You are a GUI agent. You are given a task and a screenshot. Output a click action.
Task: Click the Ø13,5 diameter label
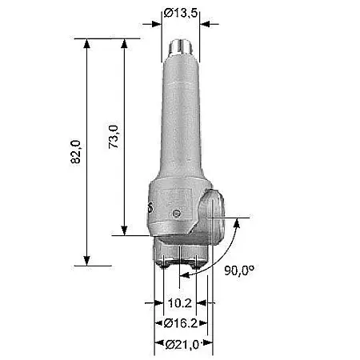(x=181, y=13)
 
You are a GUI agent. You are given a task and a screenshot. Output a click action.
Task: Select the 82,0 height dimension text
(x=75, y=152)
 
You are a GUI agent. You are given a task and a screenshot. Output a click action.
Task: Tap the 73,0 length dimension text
(x=114, y=137)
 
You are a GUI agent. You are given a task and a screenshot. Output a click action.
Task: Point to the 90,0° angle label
(x=239, y=270)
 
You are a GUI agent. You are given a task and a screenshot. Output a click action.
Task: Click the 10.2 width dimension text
(x=180, y=303)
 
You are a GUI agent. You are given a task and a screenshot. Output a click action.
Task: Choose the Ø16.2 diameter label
(x=181, y=323)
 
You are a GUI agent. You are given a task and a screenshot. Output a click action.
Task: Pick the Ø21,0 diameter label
(x=182, y=344)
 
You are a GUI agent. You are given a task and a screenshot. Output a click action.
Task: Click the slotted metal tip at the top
(x=181, y=47)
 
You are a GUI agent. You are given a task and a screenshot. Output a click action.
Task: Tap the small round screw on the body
(x=176, y=214)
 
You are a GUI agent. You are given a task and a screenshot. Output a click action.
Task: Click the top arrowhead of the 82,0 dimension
(x=86, y=44)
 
